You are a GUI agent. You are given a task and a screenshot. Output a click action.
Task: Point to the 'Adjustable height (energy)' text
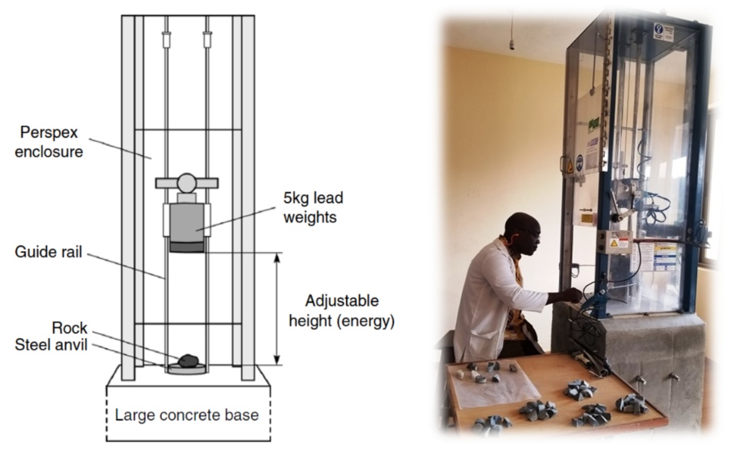coord(342,310)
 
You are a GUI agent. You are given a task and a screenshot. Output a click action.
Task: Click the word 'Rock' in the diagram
coord(70,328)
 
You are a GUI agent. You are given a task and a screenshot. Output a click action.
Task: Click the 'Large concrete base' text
coord(187,416)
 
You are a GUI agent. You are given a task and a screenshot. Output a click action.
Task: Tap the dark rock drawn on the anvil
coord(187,360)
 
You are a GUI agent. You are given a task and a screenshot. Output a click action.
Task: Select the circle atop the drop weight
coord(187,183)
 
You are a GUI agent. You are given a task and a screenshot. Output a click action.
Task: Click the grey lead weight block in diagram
coord(187,223)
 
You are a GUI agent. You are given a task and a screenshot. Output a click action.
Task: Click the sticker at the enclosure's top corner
coord(661,31)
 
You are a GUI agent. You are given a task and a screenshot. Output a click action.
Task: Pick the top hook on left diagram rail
coord(166,39)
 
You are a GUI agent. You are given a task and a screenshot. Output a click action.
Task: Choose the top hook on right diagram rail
coord(207,39)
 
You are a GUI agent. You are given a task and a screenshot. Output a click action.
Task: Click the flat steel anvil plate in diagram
coord(187,368)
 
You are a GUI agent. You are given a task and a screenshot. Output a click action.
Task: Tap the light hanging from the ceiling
coord(512,41)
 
